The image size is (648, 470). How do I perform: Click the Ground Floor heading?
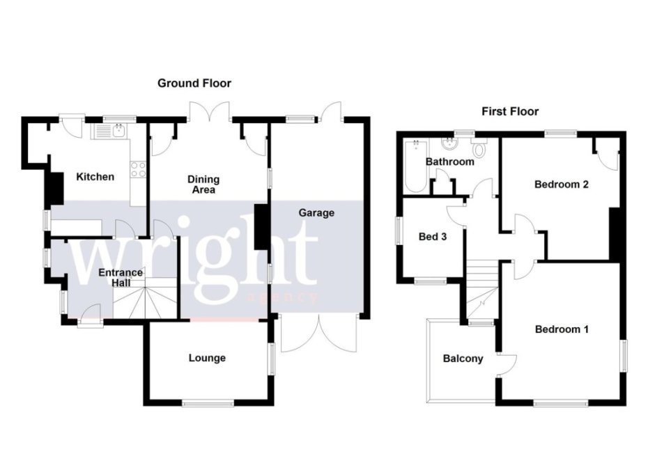pyautogui.click(x=194, y=84)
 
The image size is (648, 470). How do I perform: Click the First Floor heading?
pyautogui.click(x=510, y=111)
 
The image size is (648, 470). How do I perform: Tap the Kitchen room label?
pyautogui.click(x=95, y=177)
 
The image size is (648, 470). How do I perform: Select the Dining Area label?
pyautogui.click(x=203, y=185)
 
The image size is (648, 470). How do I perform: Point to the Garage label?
pyautogui.click(x=316, y=213)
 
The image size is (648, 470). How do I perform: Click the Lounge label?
pyautogui.click(x=207, y=358)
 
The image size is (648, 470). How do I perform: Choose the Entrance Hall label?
pyautogui.click(x=121, y=278)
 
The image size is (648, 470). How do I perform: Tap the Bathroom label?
pyautogui.click(x=449, y=162)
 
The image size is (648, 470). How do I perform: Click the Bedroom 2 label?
pyautogui.click(x=561, y=185)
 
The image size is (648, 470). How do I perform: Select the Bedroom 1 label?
pyautogui.click(x=562, y=329)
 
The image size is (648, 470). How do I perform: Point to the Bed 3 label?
pyautogui.click(x=432, y=237)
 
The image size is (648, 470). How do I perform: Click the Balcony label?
pyautogui.click(x=463, y=359)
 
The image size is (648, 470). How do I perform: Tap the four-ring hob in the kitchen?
pyautogui.click(x=138, y=169)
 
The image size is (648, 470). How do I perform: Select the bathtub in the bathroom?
pyautogui.click(x=415, y=166)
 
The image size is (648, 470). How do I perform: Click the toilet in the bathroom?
pyautogui.click(x=479, y=148)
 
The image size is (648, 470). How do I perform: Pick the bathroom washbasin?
pyautogui.click(x=449, y=143)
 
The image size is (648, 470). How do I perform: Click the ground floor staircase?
pyautogui.click(x=145, y=298)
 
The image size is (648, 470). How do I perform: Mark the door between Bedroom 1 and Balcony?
pyautogui.click(x=507, y=365)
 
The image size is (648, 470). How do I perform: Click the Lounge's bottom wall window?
pyautogui.click(x=209, y=402)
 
